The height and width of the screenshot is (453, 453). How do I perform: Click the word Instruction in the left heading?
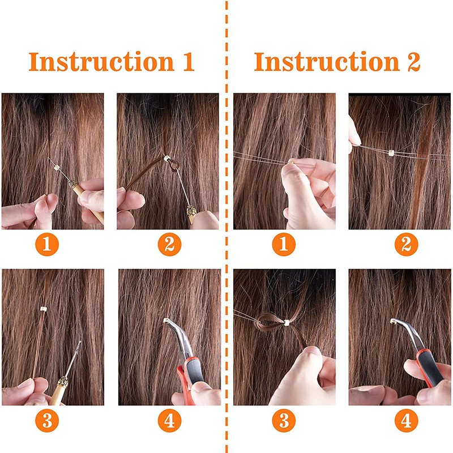[x=101, y=61]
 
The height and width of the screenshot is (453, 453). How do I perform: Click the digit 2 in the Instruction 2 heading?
[x=413, y=62]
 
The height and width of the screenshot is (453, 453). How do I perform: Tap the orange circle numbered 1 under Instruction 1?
[x=47, y=245]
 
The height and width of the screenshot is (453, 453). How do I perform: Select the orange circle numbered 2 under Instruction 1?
[x=169, y=245]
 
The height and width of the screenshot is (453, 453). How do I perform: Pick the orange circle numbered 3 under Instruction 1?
[x=47, y=421]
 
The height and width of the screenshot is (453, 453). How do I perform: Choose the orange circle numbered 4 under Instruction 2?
[x=406, y=421]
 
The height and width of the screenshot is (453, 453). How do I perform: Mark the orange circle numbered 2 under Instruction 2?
[x=406, y=245]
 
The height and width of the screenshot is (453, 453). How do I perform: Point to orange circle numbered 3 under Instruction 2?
[x=284, y=421]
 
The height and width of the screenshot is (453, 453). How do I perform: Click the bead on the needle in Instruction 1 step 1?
[x=57, y=167]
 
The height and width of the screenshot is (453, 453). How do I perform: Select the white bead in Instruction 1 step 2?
[x=167, y=159]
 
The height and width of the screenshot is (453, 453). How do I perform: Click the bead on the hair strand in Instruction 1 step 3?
[x=44, y=309]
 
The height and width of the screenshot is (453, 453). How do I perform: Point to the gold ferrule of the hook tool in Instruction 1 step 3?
[x=63, y=382]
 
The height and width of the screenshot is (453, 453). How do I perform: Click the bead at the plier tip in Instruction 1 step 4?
[x=166, y=320]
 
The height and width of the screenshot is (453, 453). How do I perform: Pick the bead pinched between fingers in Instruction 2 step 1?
[x=291, y=160]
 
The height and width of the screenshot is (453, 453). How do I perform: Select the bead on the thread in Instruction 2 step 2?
[x=391, y=153]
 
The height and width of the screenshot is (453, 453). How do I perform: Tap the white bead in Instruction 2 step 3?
[x=287, y=323]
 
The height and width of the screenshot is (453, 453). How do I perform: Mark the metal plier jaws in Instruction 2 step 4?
[x=406, y=332]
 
